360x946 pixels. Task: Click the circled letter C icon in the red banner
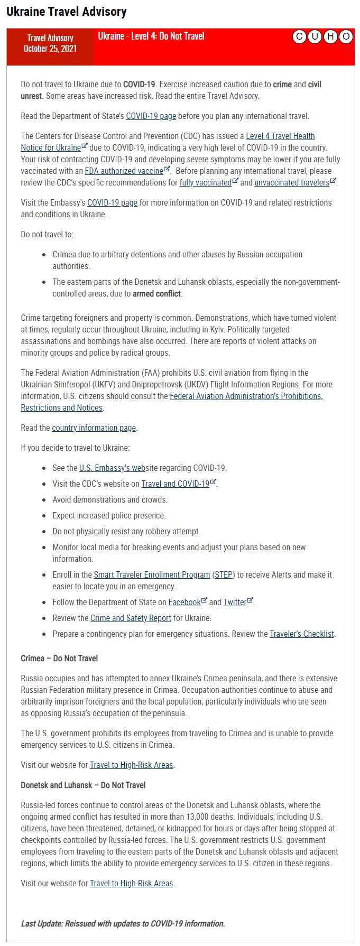tap(299, 36)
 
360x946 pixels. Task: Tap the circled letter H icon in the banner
tap(330, 36)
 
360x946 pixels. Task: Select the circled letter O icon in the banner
tap(346, 36)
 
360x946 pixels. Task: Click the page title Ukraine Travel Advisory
tap(67, 12)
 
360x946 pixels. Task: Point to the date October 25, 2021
tap(50, 49)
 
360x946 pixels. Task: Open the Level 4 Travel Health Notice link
tap(280, 136)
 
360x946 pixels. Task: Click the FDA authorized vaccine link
tap(124, 171)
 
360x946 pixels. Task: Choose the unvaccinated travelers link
tap(292, 183)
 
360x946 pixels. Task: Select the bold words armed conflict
tap(157, 294)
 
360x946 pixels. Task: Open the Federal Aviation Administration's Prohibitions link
tap(246, 396)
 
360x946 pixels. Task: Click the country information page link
tap(94, 428)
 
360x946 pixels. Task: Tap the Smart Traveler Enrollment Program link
tap(152, 575)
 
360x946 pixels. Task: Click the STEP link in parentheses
tap(223, 575)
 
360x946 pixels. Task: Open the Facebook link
tap(184, 602)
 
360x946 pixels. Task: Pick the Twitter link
tap(235, 602)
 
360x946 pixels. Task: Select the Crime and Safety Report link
tap(131, 618)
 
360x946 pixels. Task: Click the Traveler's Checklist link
tap(302, 634)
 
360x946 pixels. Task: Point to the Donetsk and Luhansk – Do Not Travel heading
tap(83, 785)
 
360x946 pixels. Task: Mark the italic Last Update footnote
tap(123, 924)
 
